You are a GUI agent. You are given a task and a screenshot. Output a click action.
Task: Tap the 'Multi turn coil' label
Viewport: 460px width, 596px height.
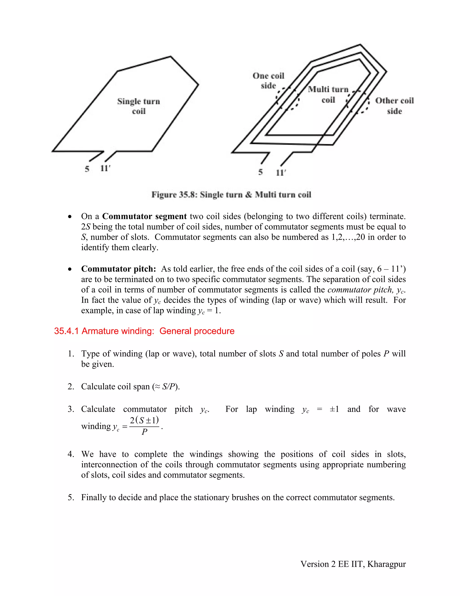coord(328,94)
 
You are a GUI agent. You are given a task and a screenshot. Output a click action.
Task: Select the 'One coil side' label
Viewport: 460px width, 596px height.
coord(268,81)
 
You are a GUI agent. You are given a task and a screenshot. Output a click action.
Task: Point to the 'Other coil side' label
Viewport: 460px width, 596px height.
coord(394,106)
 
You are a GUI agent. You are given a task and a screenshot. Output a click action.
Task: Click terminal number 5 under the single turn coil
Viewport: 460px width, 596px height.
coord(87,169)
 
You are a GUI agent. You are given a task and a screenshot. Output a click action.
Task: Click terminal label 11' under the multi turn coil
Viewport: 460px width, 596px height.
coord(281,173)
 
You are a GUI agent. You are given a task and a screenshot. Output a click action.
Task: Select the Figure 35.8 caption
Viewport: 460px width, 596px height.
coord(231,195)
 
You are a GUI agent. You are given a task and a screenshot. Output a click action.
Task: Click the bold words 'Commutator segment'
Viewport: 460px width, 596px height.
coord(144,216)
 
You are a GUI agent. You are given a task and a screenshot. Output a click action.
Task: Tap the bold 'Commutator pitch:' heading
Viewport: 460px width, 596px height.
coord(119,269)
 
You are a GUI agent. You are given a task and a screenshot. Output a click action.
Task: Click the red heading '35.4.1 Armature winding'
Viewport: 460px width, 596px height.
coord(144,331)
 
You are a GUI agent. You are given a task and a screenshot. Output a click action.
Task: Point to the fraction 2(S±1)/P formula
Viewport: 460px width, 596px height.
coord(144,426)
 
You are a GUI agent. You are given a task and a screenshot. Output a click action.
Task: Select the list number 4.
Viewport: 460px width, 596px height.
coord(71,454)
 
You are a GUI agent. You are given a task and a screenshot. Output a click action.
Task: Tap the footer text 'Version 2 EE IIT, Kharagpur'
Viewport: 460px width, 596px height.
coord(353,564)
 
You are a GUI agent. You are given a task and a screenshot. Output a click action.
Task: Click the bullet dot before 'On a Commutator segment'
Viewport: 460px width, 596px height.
coord(70,217)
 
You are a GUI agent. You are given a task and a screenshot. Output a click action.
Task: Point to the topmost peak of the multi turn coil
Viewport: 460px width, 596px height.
coord(360,45)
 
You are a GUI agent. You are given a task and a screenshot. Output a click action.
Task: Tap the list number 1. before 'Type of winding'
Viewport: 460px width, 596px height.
coord(71,354)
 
